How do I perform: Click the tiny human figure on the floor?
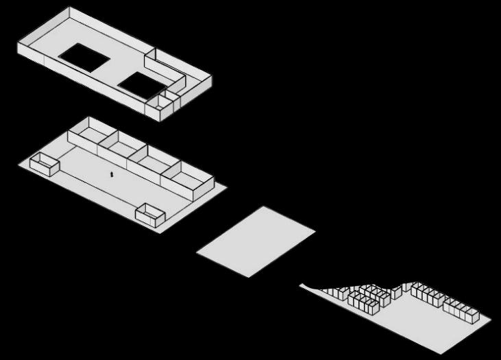pyautogui.click(x=112, y=174)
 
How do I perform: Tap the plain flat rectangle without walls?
pyautogui.click(x=255, y=241)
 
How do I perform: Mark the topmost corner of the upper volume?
pyautogui.click(x=70, y=8)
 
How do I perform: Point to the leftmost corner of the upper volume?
pyautogui.click(x=18, y=45)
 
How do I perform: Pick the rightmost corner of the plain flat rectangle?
pyautogui.click(x=315, y=231)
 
